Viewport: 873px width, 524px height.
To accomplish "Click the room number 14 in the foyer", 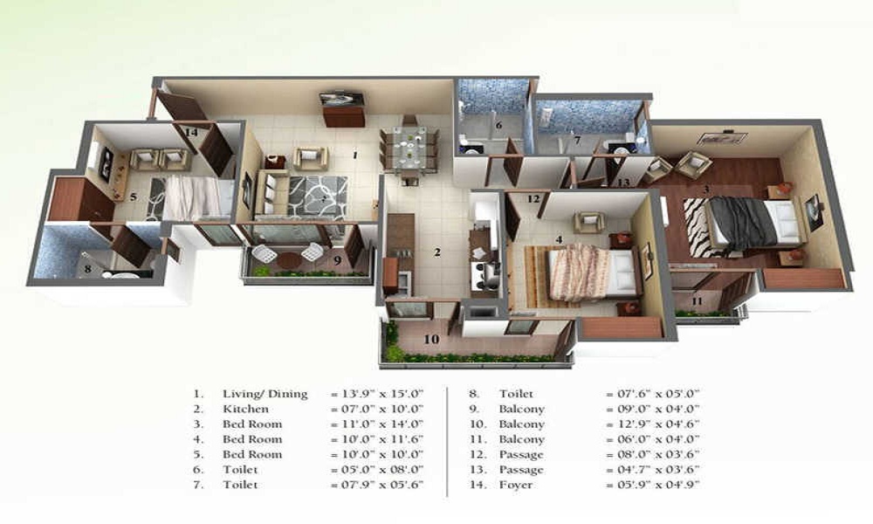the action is pos(191,133).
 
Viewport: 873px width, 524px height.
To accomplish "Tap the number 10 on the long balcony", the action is pos(431,339).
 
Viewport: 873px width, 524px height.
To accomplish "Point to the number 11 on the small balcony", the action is pos(697,301).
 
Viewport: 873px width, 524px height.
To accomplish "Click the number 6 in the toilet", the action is pos(498,125).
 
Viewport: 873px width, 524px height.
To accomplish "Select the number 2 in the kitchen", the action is pos(437,252).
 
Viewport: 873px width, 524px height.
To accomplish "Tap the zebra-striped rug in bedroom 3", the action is pos(696,227).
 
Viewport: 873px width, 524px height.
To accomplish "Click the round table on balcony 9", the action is pos(289,259).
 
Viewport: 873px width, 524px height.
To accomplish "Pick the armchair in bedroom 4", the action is pos(589,222).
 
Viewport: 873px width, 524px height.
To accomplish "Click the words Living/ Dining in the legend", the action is pos(265,394).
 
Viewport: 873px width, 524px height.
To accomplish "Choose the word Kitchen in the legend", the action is pos(245,410).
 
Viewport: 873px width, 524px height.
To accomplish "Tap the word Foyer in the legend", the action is pos(516,485).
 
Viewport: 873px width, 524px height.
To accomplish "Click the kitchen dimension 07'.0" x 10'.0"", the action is pos(377,410).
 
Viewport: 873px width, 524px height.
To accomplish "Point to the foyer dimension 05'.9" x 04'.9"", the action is pos(652,485).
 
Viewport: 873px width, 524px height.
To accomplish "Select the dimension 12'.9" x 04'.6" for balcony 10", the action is pos(652,424).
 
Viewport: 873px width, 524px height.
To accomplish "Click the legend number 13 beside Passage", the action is pos(477,470).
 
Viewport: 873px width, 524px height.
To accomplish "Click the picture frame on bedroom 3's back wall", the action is pos(723,137).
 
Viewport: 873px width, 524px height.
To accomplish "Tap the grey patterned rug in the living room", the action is pos(318,196).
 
